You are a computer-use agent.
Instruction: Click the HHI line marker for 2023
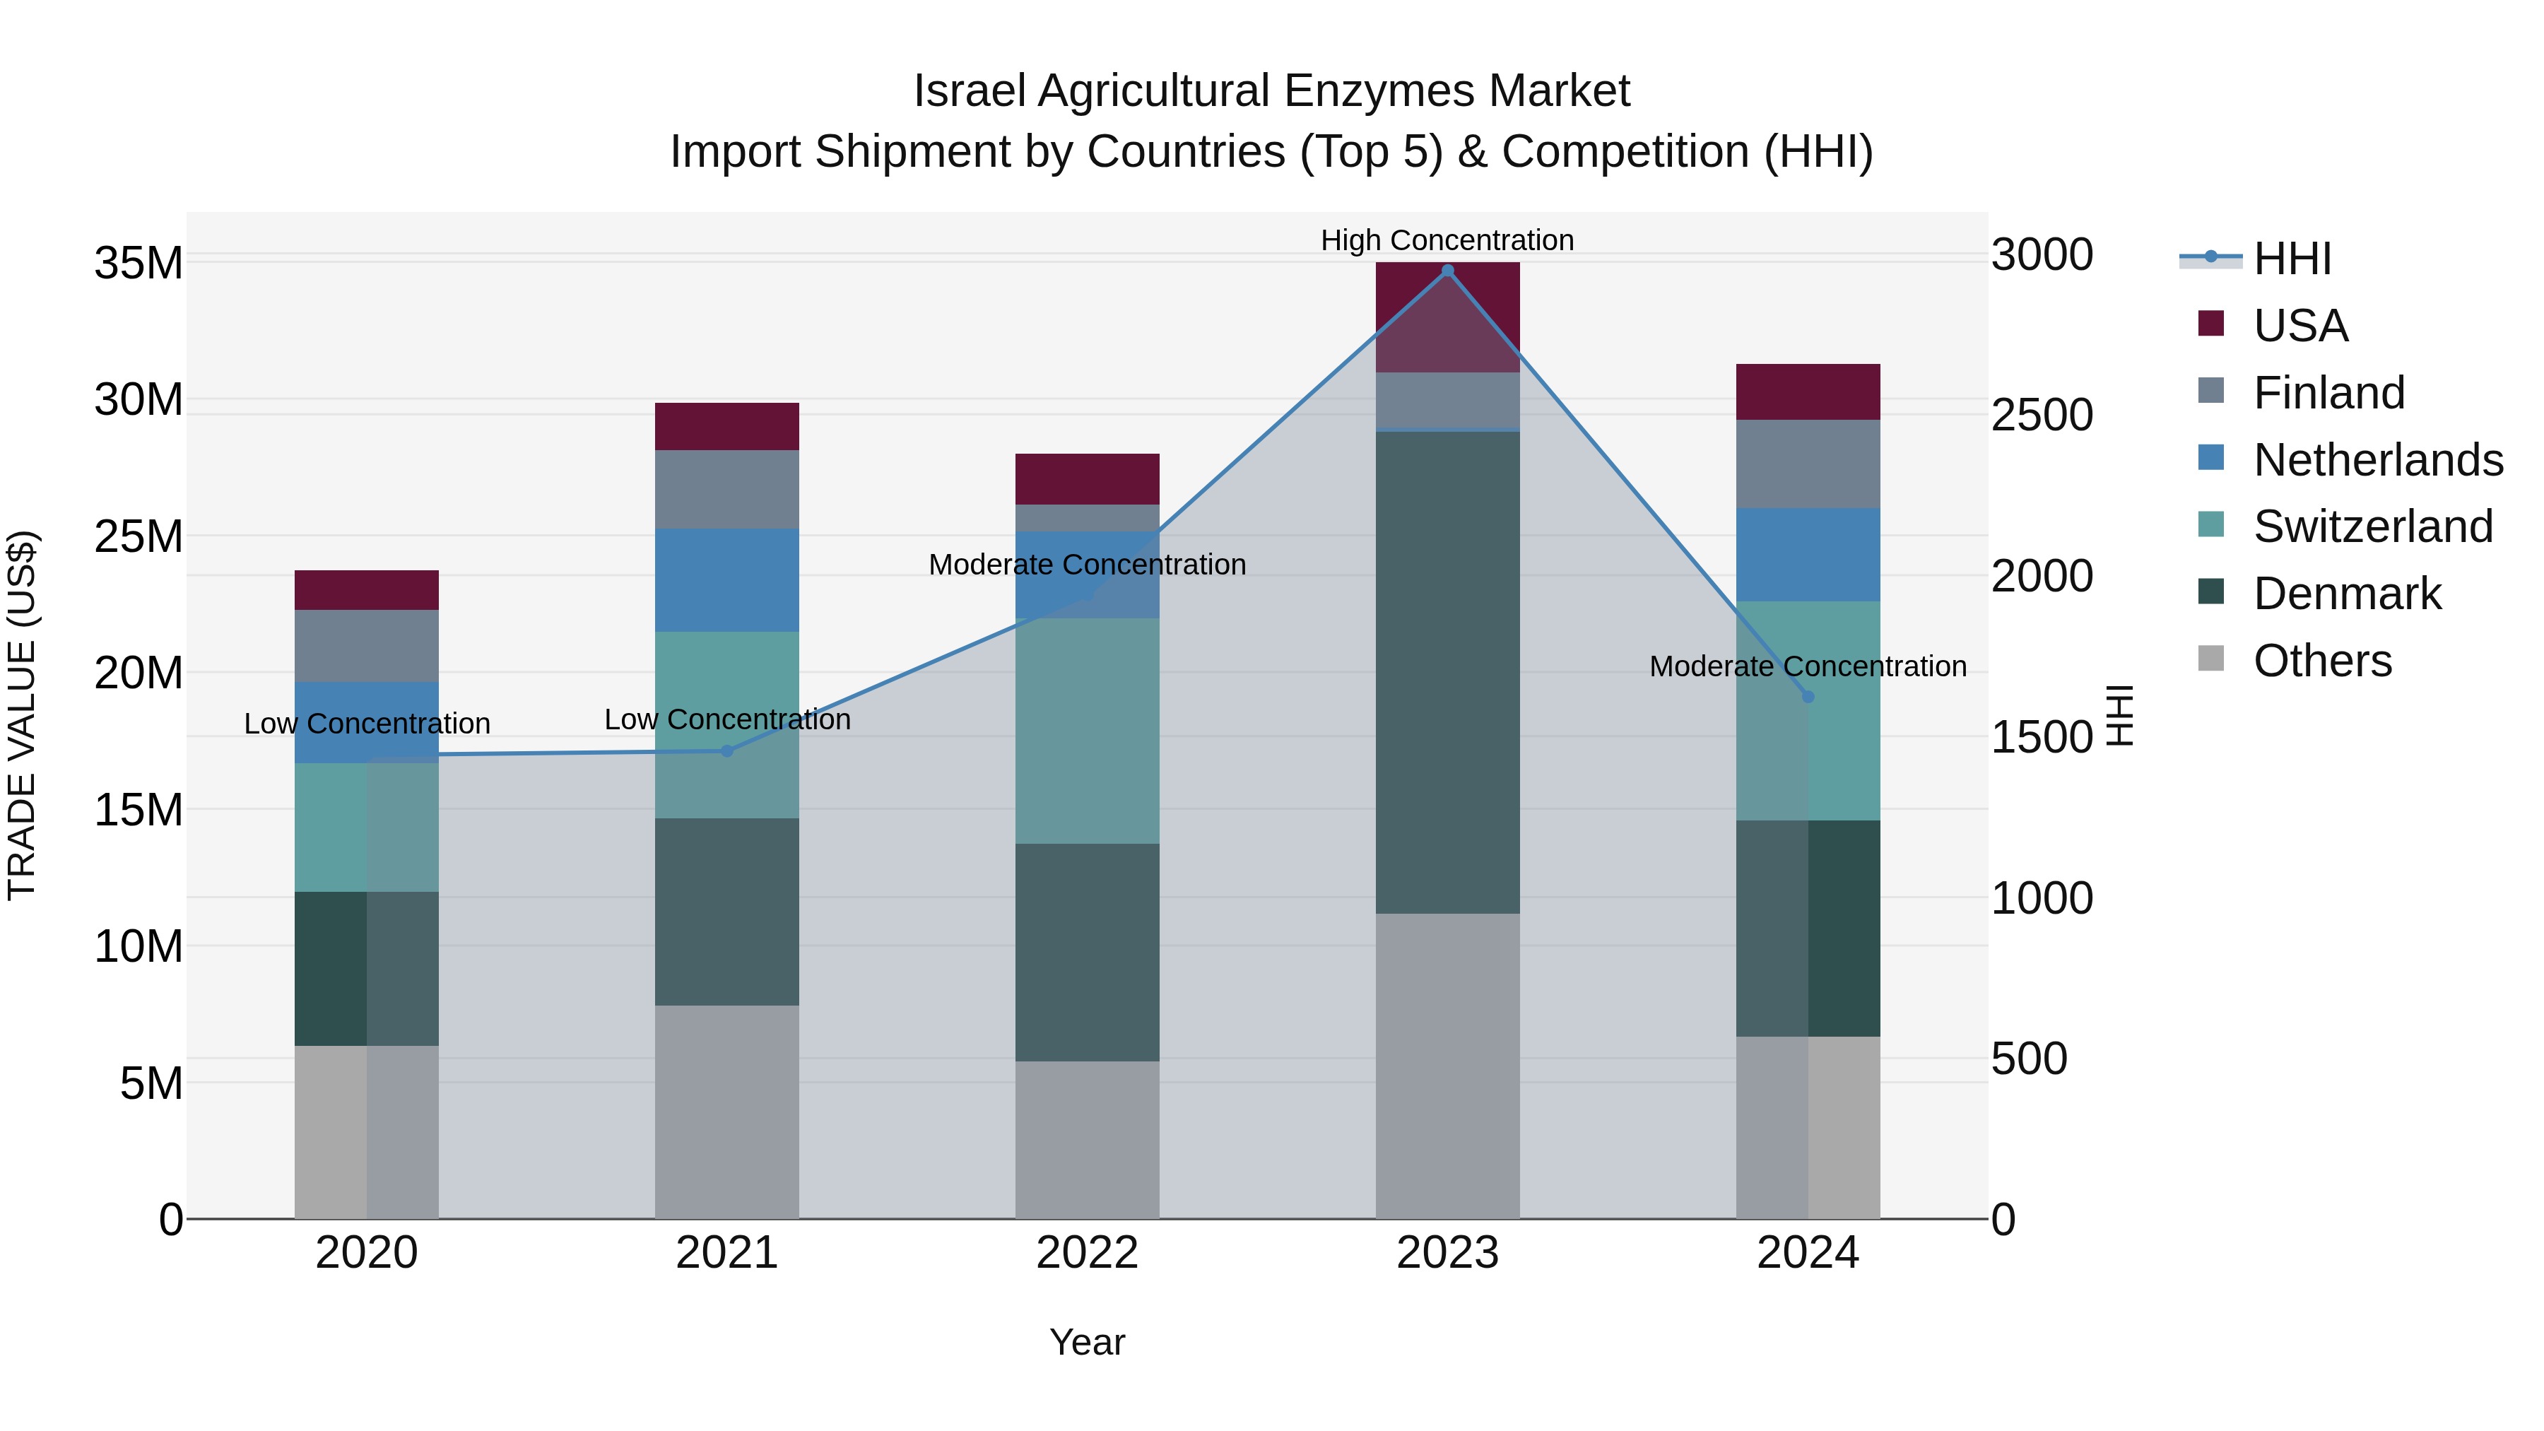[1448, 271]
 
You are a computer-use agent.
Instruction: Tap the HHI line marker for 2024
[1808, 696]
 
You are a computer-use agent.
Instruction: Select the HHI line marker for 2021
[727, 750]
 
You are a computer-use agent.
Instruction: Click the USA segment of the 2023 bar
[1448, 316]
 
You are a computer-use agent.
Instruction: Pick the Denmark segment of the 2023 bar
[1448, 671]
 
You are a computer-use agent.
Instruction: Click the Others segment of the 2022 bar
[1088, 1140]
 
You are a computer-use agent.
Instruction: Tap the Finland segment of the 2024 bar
[1808, 464]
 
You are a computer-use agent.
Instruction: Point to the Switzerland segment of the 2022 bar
[1088, 731]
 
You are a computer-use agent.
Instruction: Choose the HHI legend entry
[2291, 259]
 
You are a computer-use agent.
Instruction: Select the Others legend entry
[2321, 661]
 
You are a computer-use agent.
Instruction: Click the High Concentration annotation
[1448, 240]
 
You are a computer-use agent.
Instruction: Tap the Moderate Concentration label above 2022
[1088, 565]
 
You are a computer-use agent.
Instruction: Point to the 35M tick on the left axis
[139, 264]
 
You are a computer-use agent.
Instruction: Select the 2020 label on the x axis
[366, 1253]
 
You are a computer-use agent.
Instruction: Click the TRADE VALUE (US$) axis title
[22, 715]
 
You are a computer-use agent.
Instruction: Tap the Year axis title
[1088, 1342]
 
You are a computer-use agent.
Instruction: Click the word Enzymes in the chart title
[1379, 91]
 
